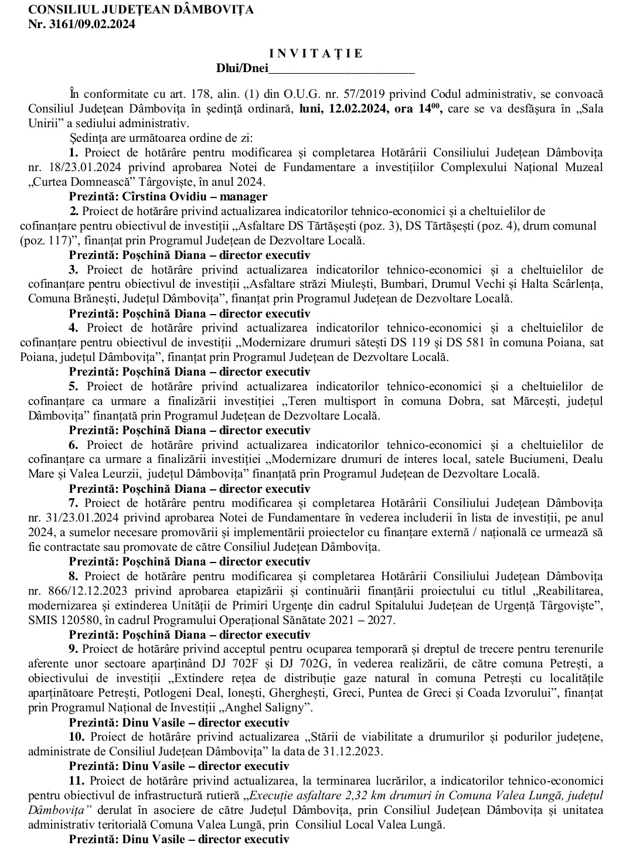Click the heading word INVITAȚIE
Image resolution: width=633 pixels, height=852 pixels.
click(319, 53)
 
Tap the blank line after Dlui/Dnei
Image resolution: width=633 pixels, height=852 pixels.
click(341, 69)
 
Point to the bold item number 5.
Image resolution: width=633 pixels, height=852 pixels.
click(73, 386)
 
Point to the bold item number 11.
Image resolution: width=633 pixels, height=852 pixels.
click(76, 781)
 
